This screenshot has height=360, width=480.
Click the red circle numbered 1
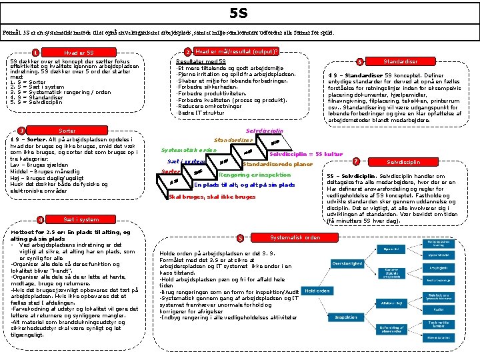(x=35, y=53)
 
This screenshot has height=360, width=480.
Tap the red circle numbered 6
(x=361, y=61)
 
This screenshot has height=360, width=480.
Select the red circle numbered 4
(x=41, y=220)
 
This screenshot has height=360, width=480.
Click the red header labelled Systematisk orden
(x=294, y=237)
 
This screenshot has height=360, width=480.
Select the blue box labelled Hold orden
(x=317, y=291)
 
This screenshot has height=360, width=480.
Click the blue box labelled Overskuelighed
(x=347, y=263)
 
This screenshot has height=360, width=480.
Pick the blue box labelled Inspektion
(x=347, y=317)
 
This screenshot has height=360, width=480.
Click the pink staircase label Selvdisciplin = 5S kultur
(x=308, y=154)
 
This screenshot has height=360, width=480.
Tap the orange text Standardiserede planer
(x=277, y=164)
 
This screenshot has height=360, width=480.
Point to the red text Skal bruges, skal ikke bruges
(x=212, y=197)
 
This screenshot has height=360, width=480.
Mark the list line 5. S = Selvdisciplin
(x=36, y=102)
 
